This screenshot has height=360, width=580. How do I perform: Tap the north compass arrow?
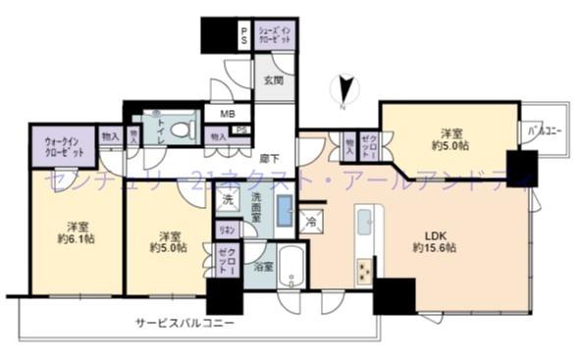tap(343, 90)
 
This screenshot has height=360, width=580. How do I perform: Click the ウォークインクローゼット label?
tap(62, 147)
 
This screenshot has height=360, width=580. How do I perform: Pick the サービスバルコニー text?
tap(185, 321)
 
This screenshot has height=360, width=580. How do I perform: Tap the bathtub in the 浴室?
tap(291, 267)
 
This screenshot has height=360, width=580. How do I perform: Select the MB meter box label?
tap(227, 114)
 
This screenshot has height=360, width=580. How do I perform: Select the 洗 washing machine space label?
tap(227, 200)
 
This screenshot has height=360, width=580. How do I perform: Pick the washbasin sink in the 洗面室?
tap(284, 210)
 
